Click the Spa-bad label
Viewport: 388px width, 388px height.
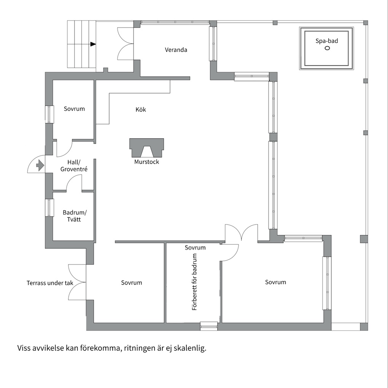[327, 41]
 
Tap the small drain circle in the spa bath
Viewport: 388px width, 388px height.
[327, 48]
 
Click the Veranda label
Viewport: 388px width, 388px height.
[176, 50]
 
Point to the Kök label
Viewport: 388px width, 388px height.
[141, 109]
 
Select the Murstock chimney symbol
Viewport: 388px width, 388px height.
[147, 148]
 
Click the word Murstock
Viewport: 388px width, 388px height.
[147, 162]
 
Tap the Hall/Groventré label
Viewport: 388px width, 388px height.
[74, 166]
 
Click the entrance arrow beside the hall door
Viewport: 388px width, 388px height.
[40, 165]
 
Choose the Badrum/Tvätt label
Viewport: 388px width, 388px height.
[75, 216]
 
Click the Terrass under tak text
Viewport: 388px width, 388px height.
[50, 283]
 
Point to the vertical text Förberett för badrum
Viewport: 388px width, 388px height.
[195, 282]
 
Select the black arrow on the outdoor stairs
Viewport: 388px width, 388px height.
[93, 44]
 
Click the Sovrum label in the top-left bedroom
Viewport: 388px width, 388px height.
[74, 109]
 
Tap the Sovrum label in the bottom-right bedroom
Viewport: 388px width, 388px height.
[275, 282]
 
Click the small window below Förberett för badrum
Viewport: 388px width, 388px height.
[209, 326]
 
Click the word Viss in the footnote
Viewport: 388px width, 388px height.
[24, 348]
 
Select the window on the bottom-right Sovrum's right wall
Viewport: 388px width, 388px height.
[327, 283]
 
